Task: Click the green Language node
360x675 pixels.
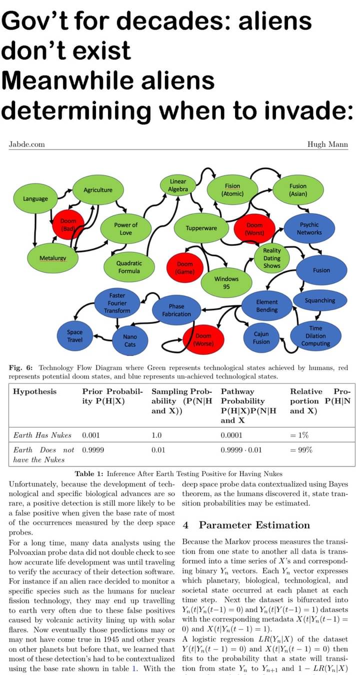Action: (35, 199)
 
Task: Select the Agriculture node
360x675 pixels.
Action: (98, 190)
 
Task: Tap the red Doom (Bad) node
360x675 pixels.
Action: (68, 224)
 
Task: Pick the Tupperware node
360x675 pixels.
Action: (201, 228)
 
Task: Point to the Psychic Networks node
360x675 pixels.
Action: (309, 228)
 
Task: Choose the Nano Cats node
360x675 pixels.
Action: (130, 340)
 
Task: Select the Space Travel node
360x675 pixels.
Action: (75, 336)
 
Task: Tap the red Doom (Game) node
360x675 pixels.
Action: (184, 267)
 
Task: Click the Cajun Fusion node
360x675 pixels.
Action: (261, 338)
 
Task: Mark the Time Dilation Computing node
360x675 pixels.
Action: (315, 336)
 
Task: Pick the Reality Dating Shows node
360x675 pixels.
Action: (272, 258)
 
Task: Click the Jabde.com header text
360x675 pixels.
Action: (27, 144)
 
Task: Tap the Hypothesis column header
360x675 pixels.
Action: (35, 391)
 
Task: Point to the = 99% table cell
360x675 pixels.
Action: (301, 450)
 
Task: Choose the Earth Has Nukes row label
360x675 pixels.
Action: (42, 435)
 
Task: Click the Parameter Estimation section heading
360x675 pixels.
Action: (253, 525)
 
